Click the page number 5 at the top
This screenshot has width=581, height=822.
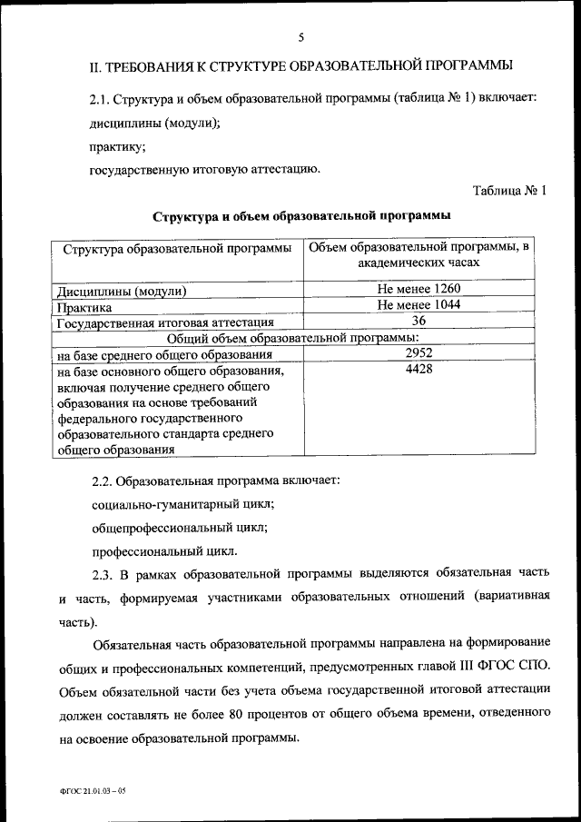tap(300, 37)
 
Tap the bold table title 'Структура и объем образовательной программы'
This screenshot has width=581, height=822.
tap(300, 216)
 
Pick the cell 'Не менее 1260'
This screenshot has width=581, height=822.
tap(419, 290)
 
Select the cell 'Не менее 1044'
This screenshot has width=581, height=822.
tap(419, 305)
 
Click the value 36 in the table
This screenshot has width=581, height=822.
tap(419, 321)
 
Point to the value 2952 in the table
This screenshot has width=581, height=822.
tap(419, 353)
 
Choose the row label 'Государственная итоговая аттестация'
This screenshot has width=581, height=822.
tap(165, 323)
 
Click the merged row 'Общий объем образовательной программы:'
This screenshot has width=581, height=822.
tap(300, 338)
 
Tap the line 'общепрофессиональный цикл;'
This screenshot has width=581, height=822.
tap(180, 527)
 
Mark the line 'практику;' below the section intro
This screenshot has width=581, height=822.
tap(117, 145)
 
